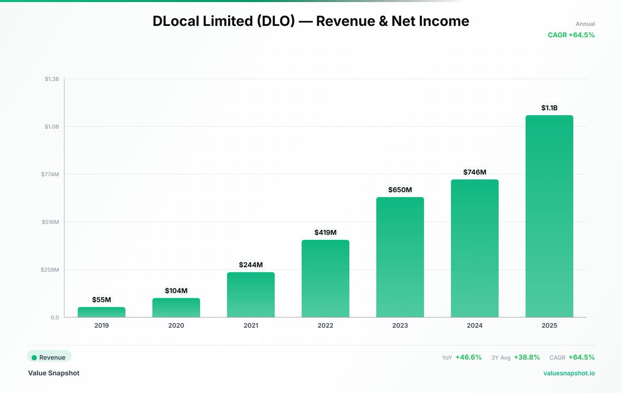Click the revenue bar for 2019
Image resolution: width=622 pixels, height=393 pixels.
pyautogui.click(x=102, y=312)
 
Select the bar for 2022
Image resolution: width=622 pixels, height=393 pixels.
pyautogui.click(x=326, y=278)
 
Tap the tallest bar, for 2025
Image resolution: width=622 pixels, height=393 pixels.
pyautogui.click(x=549, y=216)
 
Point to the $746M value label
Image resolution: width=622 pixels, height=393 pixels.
pyautogui.click(x=475, y=172)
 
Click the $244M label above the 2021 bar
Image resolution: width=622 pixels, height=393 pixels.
pyautogui.click(x=251, y=264)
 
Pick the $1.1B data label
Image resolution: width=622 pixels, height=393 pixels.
pyautogui.click(x=549, y=108)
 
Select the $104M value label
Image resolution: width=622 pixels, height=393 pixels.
pyautogui.click(x=176, y=290)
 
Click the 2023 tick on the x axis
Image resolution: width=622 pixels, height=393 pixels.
pyautogui.click(x=400, y=326)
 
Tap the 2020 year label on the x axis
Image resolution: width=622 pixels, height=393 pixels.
pyautogui.click(x=176, y=326)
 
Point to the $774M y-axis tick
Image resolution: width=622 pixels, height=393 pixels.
pyautogui.click(x=50, y=174)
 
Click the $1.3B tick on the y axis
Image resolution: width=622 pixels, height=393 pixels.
pyautogui.click(x=52, y=79)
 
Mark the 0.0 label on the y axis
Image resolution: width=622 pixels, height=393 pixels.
pyautogui.click(x=54, y=317)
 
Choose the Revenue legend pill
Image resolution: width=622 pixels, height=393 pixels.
pyautogui.click(x=49, y=357)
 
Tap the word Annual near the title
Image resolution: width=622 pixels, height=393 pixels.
pyautogui.click(x=585, y=24)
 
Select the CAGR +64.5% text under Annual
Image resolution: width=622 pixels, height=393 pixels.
pyautogui.click(x=571, y=35)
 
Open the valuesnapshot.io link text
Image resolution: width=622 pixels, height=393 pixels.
pyautogui.click(x=569, y=373)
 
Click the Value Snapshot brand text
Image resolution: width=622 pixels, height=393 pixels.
pyautogui.click(x=54, y=373)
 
